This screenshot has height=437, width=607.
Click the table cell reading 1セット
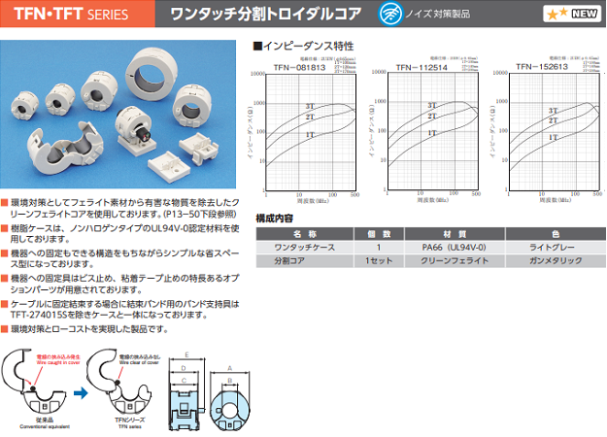click(373, 261)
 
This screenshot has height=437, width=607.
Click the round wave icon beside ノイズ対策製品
click(389, 15)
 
